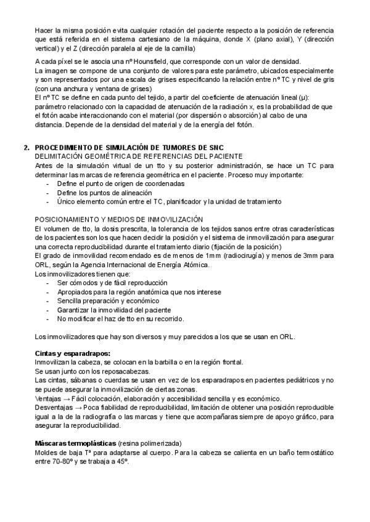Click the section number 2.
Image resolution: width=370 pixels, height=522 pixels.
(x=26, y=148)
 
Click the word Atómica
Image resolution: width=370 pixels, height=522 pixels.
(x=194, y=265)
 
